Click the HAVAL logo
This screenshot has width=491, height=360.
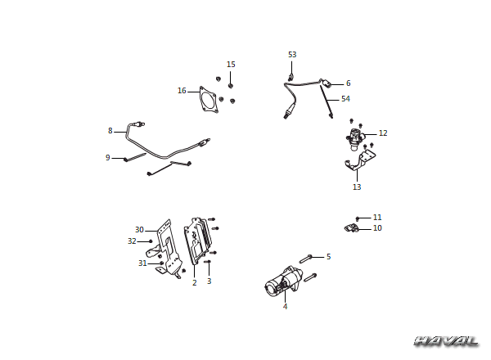(447, 341)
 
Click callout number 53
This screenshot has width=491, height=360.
(292, 55)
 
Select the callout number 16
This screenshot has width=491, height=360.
(182, 91)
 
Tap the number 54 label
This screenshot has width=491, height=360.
(345, 99)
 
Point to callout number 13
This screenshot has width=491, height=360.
(357, 187)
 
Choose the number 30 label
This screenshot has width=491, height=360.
(139, 230)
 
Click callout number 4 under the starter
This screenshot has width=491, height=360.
(285, 306)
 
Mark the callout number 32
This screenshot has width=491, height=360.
(132, 241)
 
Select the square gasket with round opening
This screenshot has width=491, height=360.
(208, 99)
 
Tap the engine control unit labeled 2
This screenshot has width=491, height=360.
(197, 241)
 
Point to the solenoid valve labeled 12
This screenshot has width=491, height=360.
(355, 138)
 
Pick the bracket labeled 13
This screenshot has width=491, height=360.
(360, 160)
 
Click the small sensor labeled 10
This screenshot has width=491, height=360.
(352, 227)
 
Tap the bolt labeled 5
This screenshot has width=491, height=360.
(306, 259)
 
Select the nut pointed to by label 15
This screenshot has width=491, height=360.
(231, 85)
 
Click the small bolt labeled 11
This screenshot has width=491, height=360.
(358, 218)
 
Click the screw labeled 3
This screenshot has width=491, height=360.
(208, 262)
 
